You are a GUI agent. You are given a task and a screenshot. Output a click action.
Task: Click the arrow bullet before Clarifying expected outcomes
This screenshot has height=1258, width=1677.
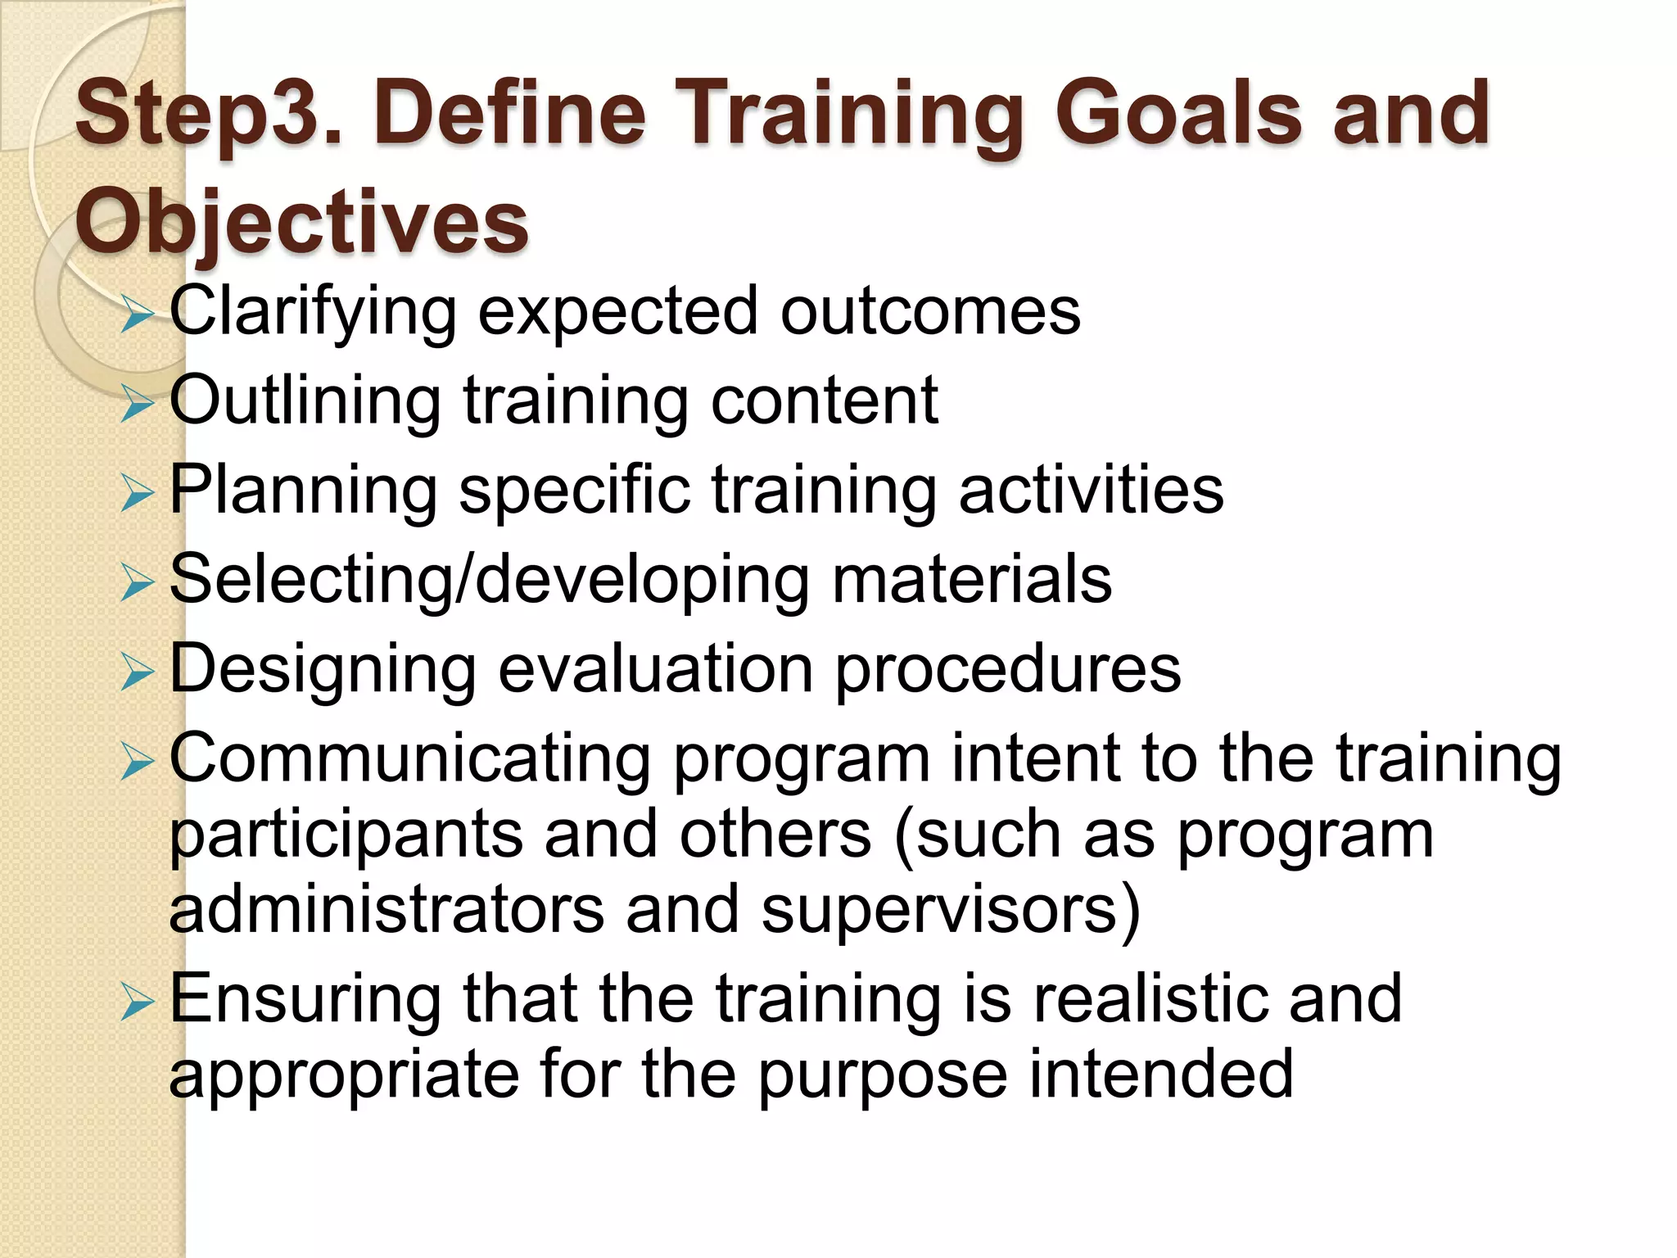(136, 315)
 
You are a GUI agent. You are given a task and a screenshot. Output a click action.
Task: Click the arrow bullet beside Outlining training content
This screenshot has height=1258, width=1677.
(136, 405)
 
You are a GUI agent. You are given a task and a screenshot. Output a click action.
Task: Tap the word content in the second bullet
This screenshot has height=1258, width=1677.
(824, 401)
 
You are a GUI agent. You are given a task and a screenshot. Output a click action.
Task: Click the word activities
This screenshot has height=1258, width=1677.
(1091, 490)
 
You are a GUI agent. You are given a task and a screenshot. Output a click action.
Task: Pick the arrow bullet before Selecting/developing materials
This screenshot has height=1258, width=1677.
(136, 583)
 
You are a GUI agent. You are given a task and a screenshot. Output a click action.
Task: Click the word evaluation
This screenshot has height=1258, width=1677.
(655, 669)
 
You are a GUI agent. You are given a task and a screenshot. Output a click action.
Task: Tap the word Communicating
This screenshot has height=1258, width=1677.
(410, 760)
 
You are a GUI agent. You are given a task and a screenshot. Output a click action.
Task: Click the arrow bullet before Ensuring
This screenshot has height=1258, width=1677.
(136, 1002)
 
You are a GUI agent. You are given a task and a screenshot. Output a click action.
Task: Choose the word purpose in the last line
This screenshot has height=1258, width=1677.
(883, 1076)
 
